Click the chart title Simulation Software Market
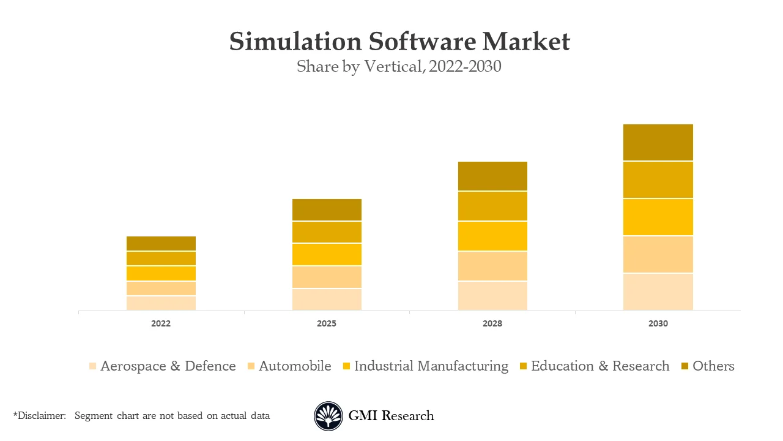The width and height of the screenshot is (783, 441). coord(399,42)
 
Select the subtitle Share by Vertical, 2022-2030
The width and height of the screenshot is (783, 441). coord(399,66)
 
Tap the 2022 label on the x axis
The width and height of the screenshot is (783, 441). coord(161,323)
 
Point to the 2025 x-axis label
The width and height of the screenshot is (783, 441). coord(327,323)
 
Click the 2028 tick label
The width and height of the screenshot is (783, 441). coord(492,323)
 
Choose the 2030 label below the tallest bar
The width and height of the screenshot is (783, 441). coord(658,323)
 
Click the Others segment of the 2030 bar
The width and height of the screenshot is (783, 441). coord(658,142)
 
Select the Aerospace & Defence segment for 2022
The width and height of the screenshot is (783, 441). coord(161,303)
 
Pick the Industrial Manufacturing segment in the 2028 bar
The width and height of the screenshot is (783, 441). coord(492,236)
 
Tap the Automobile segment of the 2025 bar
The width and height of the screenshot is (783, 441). coord(327,277)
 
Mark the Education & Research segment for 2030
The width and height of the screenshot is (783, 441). coord(658,180)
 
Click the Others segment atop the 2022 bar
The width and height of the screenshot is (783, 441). coord(161,243)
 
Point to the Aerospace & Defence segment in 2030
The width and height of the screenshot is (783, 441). coord(658,292)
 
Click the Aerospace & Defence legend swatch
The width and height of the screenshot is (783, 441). coord(92,366)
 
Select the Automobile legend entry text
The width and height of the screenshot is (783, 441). coord(295,366)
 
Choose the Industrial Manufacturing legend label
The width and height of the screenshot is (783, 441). coord(431,366)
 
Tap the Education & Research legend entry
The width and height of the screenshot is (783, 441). coord(600,366)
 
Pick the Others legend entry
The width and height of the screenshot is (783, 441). coord(713,366)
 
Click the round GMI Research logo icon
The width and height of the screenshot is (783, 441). coord(328,416)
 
